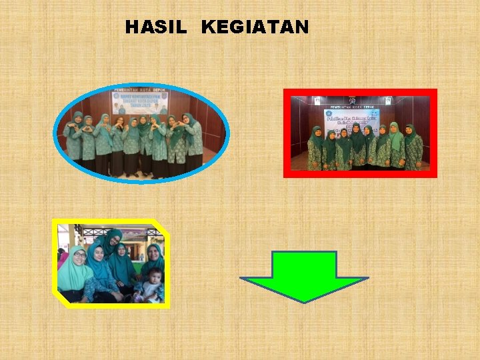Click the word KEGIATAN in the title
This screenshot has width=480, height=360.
[x=255, y=27]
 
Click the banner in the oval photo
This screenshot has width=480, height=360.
[x=140, y=103]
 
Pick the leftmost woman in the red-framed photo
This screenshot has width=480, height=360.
[x=315, y=148]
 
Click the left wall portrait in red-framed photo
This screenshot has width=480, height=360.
[x=317, y=101]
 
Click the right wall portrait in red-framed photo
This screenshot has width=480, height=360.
[x=387, y=101]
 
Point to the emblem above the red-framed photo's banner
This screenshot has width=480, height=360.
[x=352, y=100]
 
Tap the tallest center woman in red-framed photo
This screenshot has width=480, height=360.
[x=358, y=143]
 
